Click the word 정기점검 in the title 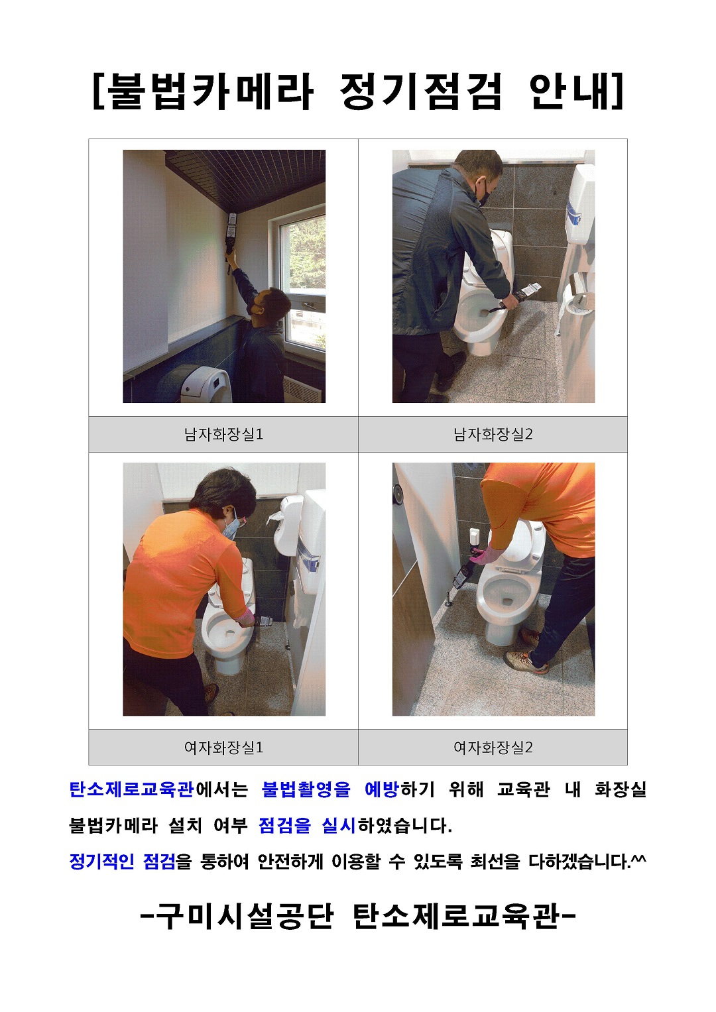pyautogui.click(x=420, y=91)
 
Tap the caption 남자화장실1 pyautogui.click(x=223, y=435)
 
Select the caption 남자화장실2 pyautogui.click(x=493, y=435)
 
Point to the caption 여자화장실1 pyautogui.click(x=223, y=748)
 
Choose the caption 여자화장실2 pyautogui.click(x=493, y=748)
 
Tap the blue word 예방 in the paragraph pyautogui.click(x=381, y=789)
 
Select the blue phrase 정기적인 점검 pyautogui.click(x=122, y=862)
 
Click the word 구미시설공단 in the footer pyautogui.click(x=245, y=917)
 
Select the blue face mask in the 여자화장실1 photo pyautogui.click(x=229, y=528)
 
